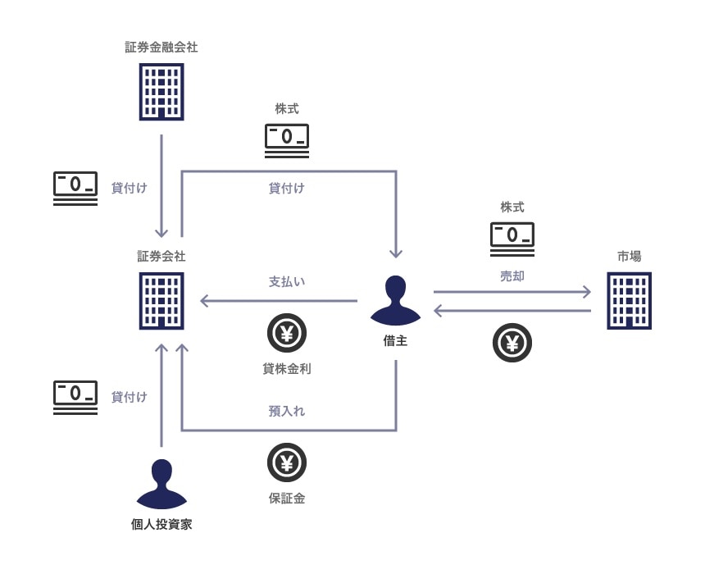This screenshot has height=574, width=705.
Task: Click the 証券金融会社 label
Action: click(161, 48)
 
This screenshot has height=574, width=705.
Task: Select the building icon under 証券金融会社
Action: click(161, 91)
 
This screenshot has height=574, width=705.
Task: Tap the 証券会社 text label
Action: click(161, 257)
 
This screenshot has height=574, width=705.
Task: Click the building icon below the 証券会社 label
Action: click(161, 300)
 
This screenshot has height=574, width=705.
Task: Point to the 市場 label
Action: click(630, 257)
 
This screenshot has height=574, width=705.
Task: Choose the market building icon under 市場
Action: click(630, 301)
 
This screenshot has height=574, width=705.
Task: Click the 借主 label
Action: click(395, 340)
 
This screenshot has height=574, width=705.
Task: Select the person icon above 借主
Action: click(395, 300)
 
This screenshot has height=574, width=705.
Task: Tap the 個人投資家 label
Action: click(161, 524)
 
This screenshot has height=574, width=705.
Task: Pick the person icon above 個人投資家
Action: click(161, 484)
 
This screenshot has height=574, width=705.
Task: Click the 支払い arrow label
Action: click(287, 281)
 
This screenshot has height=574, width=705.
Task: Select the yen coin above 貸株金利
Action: click(287, 334)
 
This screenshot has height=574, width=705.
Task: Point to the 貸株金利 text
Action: click(287, 369)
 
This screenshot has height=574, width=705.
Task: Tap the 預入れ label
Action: click(287, 411)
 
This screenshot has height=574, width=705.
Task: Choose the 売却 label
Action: click(512, 276)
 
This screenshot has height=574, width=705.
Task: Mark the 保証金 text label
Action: click(287, 498)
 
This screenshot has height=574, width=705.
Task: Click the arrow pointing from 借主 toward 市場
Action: click(512, 291)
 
